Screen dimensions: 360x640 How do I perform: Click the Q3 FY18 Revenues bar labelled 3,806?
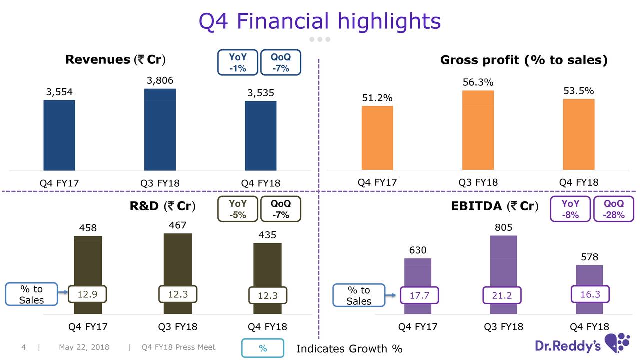(x=160, y=130)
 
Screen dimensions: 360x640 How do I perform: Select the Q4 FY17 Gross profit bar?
(x=377, y=138)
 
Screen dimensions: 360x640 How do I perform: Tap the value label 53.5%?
(x=578, y=91)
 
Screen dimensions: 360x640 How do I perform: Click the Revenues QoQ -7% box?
(x=280, y=63)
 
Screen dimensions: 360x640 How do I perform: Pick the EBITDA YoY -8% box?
(x=570, y=209)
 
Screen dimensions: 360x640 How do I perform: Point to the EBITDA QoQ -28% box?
(x=613, y=209)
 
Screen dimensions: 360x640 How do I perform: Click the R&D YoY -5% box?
(x=238, y=209)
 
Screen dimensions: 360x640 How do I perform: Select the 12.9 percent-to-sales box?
(x=87, y=294)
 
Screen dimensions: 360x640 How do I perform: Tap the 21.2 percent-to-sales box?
(x=501, y=295)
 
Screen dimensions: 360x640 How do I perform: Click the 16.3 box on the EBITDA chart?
(x=590, y=294)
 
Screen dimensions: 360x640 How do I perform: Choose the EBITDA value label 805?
(x=503, y=228)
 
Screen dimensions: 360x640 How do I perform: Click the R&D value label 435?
(x=267, y=235)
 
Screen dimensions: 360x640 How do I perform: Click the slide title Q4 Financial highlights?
(x=320, y=21)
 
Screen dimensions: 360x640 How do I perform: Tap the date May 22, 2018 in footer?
(x=84, y=347)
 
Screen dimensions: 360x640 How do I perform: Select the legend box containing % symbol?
(x=263, y=348)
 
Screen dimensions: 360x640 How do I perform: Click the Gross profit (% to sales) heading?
(x=523, y=60)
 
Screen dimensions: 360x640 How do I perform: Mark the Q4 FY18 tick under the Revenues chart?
(x=260, y=183)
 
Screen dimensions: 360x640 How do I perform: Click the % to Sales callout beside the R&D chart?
(x=31, y=295)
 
